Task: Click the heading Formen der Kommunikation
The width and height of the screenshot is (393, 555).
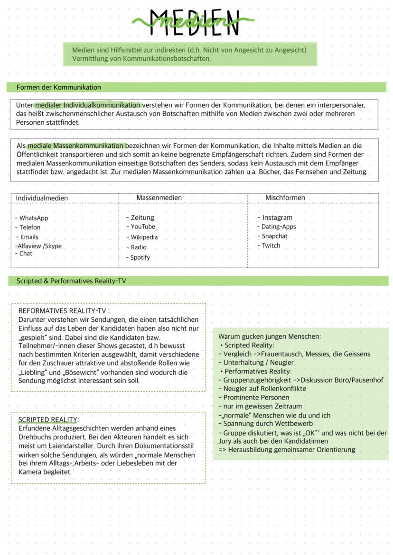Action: point(59,88)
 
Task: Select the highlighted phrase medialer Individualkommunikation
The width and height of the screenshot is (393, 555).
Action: point(88,105)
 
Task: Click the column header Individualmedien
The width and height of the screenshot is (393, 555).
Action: point(42,198)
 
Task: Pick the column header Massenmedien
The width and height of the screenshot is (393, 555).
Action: point(159,198)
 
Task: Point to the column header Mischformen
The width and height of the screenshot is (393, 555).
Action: point(285,198)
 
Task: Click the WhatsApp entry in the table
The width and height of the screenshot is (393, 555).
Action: point(33,218)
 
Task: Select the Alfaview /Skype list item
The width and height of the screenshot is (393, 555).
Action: point(38,246)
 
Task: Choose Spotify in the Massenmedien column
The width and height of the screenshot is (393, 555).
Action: point(140,258)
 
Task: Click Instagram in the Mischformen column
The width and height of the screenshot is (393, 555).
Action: point(277,218)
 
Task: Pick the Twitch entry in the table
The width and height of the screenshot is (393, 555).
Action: point(271,246)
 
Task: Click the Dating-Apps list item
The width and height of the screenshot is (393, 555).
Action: point(279,227)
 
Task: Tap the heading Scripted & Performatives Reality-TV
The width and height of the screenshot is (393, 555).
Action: point(71,281)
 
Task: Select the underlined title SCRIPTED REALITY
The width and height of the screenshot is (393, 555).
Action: point(47,420)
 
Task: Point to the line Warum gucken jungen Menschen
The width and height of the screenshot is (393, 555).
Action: point(269,337)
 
